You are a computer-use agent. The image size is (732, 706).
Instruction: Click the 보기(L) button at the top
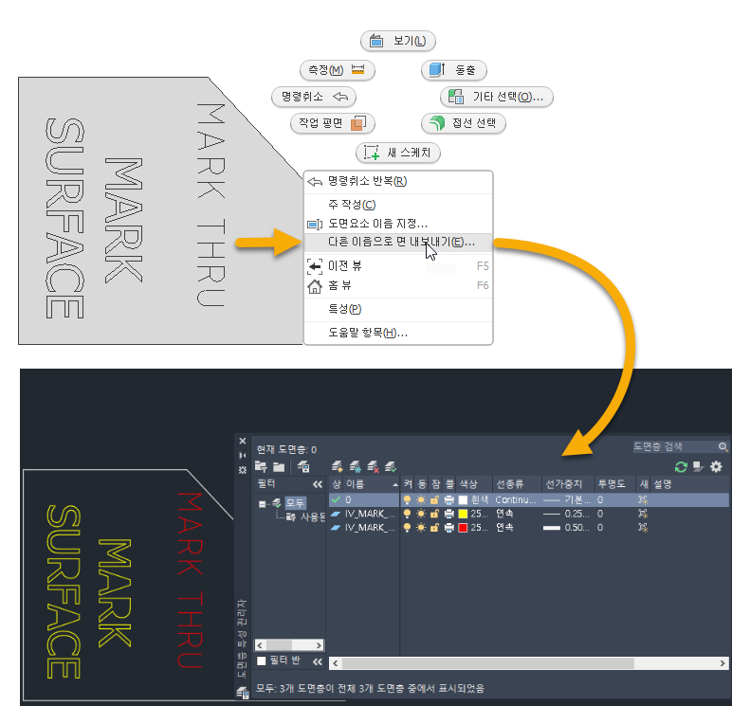click(x=398, y=41)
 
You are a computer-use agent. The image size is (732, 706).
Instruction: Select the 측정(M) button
click(x=337, y=70)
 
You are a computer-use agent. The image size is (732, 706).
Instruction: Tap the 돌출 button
click(x=454, y=70)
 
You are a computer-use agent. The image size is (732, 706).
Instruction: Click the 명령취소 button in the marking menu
click(x=313, y=97)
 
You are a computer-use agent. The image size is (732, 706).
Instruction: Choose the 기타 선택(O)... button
click(x=498, y=97)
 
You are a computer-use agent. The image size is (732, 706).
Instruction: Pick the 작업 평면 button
click(x=331, y=124)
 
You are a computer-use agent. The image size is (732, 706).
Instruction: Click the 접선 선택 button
click(x=464, y=124)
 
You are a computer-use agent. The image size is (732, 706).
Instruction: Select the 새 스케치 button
click(x=399, y=153)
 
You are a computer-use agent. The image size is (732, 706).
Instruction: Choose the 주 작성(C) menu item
click(x=351, y=205)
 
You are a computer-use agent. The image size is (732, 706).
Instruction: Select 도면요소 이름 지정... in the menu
click(x=377, y=224)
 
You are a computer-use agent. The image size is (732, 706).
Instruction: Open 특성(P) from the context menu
click(x=344, y=309)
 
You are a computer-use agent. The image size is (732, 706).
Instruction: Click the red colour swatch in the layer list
click(x=463, y=528)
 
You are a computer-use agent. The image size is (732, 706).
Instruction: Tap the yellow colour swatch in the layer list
click(x=463, y=514)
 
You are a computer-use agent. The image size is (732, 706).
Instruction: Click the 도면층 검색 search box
click(x=675, y=446)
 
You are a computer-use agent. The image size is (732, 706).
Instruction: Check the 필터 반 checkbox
click(x=263, y=661)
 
